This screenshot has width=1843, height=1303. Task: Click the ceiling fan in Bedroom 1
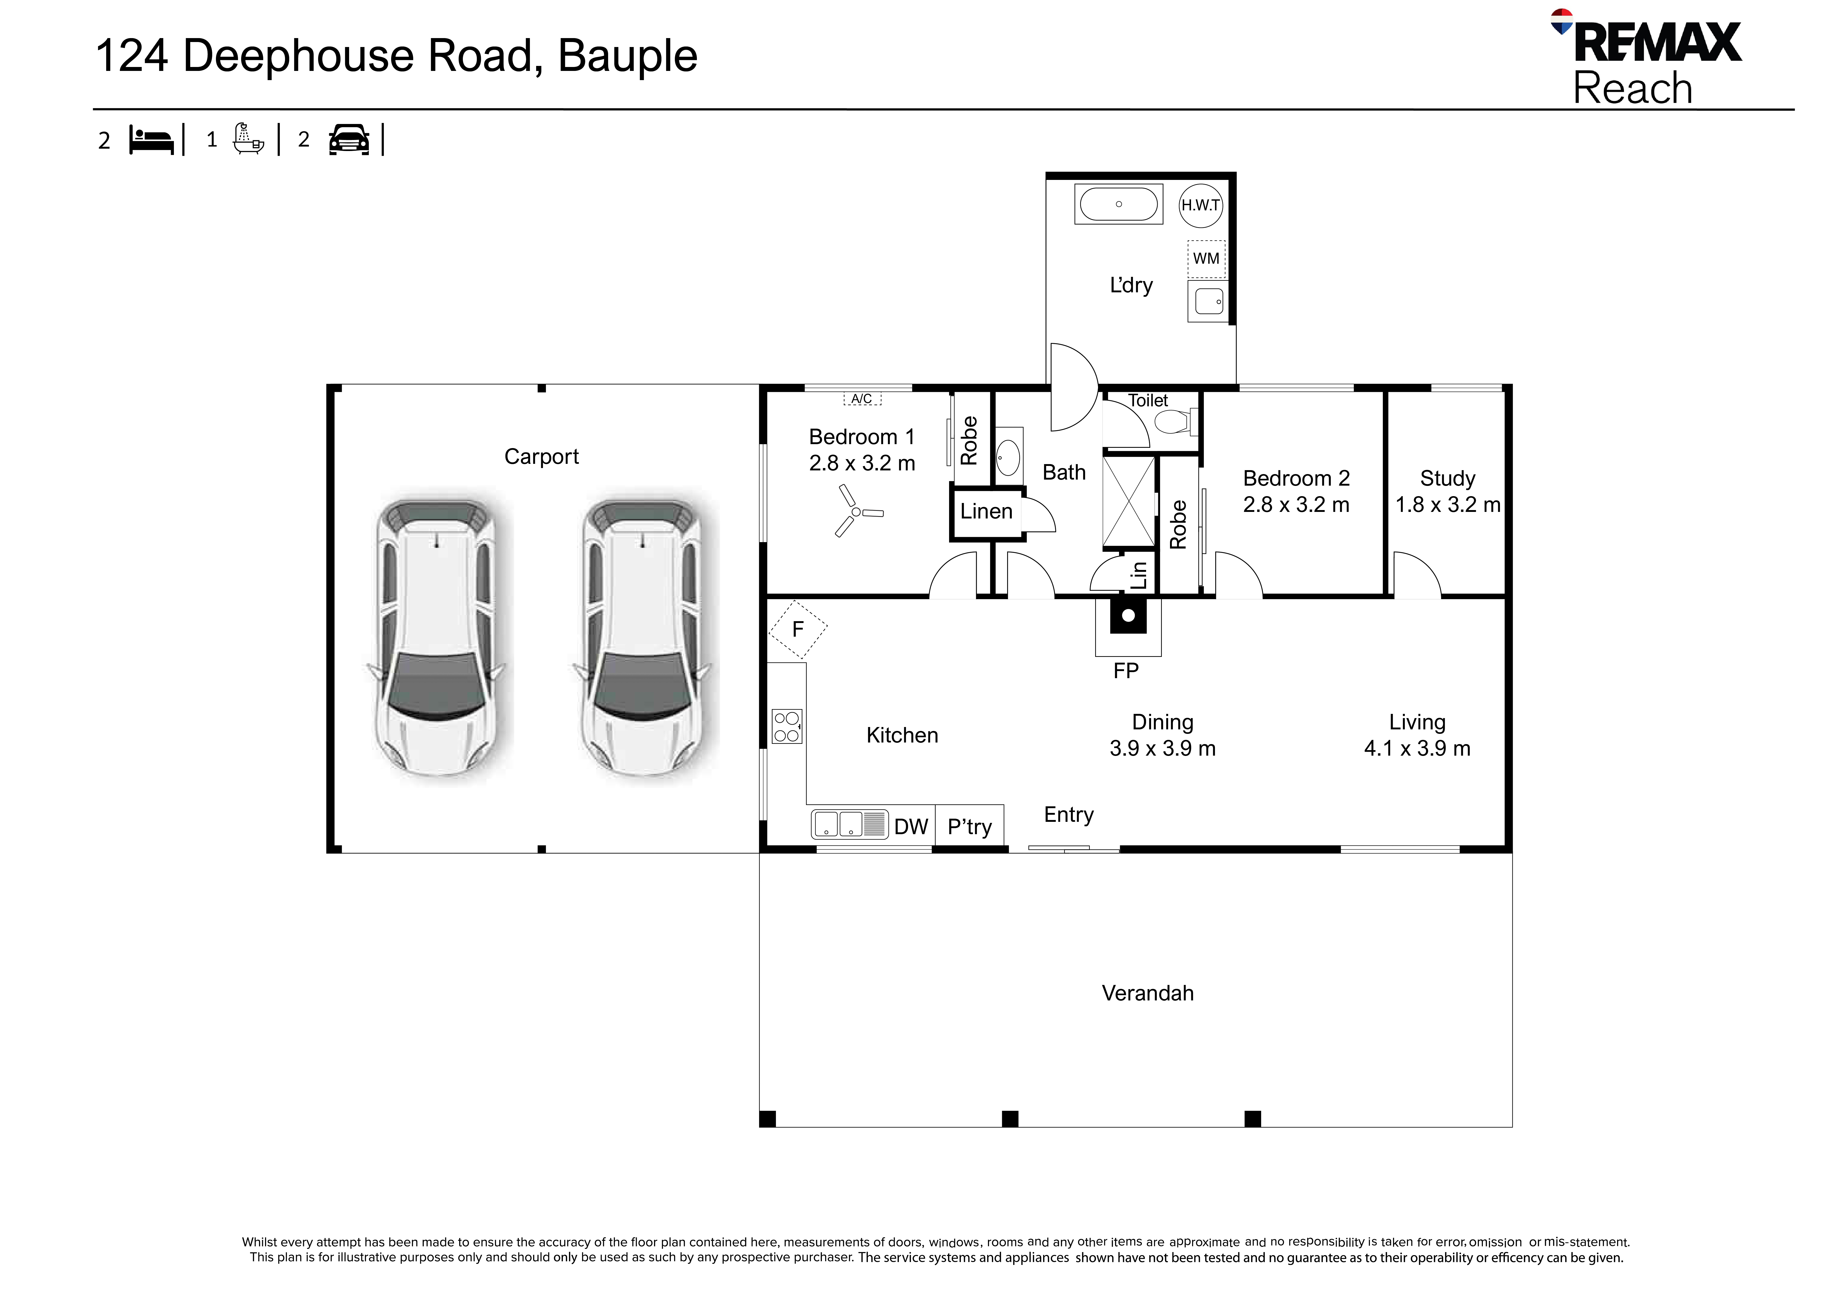[x=856, y=511]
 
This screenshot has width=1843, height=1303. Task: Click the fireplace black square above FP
[x=1128, y=616]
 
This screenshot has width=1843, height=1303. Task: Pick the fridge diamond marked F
[x=798, y=629]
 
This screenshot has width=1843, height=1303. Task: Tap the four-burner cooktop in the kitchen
[x=787, y=726]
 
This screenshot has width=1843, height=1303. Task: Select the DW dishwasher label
[x=911, y=827]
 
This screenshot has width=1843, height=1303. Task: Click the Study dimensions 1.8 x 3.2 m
[x=1447, y=505]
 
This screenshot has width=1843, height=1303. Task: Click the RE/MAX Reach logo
[x=1645, y=58]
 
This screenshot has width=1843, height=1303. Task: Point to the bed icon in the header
[x=152, y=141]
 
